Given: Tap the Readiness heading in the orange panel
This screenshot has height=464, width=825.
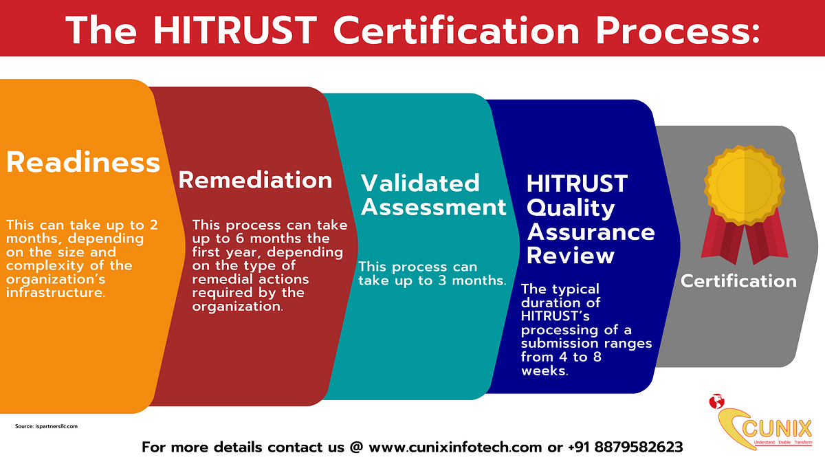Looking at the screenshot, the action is (83, 162).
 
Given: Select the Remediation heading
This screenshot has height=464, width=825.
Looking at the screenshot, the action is (255, 179).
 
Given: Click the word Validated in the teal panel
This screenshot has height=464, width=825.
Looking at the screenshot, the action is (420, 183).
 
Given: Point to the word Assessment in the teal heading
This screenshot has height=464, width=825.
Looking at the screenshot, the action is (434, 207).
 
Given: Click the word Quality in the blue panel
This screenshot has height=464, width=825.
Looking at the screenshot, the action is (571, 209).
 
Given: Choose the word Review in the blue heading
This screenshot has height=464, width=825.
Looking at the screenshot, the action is (571, 255).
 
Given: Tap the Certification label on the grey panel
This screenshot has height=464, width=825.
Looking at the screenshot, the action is (738, 281).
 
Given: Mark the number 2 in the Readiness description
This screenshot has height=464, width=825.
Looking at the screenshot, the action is (153, 225).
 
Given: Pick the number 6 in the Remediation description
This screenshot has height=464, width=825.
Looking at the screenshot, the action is (239, 239).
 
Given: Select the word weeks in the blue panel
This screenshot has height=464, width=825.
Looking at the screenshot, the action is (544, 371).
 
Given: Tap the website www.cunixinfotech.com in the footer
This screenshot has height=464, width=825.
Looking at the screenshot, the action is (455, 447).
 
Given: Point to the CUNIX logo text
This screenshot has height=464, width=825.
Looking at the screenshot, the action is (777, 430).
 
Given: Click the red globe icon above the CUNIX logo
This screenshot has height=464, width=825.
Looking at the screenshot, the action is (716, 401).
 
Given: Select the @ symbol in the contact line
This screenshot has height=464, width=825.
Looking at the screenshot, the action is (356, 447).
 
